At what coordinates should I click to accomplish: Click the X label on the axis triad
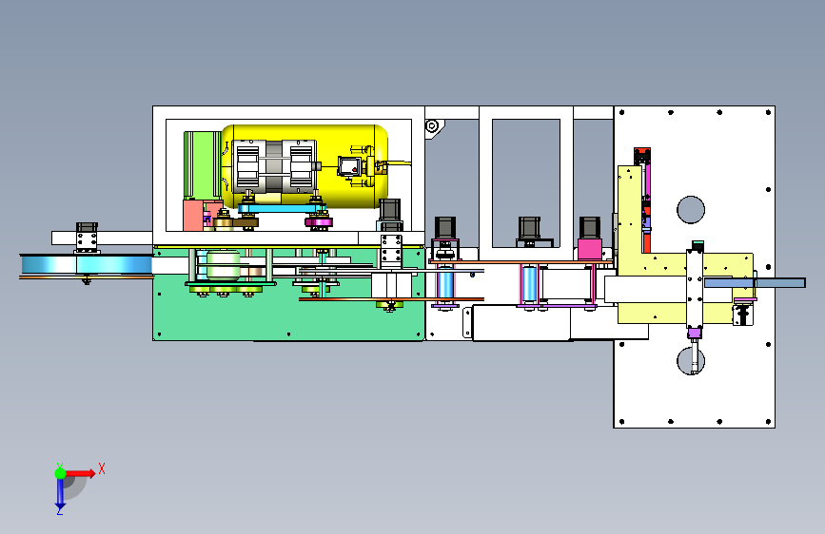(x=102, y=468)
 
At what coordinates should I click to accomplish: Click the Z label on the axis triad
(x=60, y=510)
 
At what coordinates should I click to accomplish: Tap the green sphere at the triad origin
(x=61, y=473)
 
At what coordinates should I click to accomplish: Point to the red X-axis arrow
(x=79, y=473)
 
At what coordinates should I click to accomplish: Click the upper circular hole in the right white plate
(x=690, y=209)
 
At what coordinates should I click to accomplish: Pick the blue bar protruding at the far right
(x=755, y=283)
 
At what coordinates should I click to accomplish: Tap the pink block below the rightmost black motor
(x=590, y=249)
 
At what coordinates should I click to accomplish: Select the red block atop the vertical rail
(x=642, y=156)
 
